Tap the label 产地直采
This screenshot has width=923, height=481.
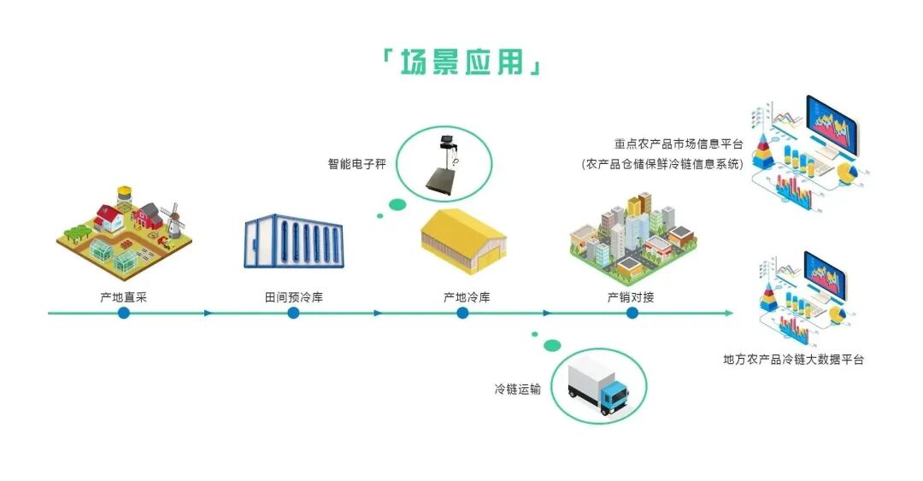point(124,297)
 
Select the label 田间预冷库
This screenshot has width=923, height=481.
point(293,297)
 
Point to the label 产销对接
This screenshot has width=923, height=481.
point(631,297)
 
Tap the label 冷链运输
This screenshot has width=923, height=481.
point(517,390)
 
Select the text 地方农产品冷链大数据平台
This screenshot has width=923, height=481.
point(793,360)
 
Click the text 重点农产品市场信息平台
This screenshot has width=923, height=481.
point(679,145)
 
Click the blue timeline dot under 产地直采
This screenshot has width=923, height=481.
point(124,313)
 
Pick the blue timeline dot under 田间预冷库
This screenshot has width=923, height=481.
point(293,313)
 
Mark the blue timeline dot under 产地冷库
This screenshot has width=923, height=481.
point(462,313)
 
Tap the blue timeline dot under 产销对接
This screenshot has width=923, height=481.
point(632,313)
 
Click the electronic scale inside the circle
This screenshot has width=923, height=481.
point(450,162)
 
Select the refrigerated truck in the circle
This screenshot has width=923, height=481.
point(598,386)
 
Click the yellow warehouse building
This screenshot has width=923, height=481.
point(463,239)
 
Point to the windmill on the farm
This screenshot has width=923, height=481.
point(173,219)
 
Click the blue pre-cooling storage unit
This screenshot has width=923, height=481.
point(293,243)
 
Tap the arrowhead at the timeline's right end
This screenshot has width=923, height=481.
point(729,313)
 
